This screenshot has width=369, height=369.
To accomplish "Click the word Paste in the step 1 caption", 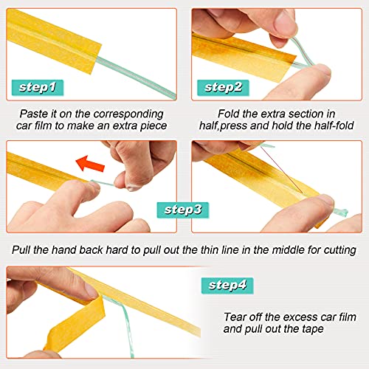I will pos(38,114).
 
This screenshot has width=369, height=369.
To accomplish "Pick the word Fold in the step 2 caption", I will pos(230,114).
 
